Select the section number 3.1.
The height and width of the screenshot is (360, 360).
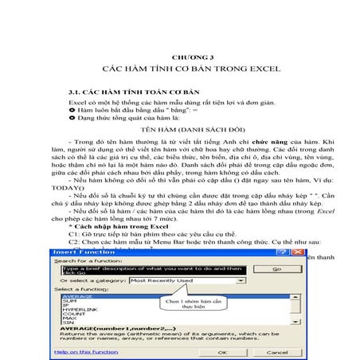click(x=76, y=92)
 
